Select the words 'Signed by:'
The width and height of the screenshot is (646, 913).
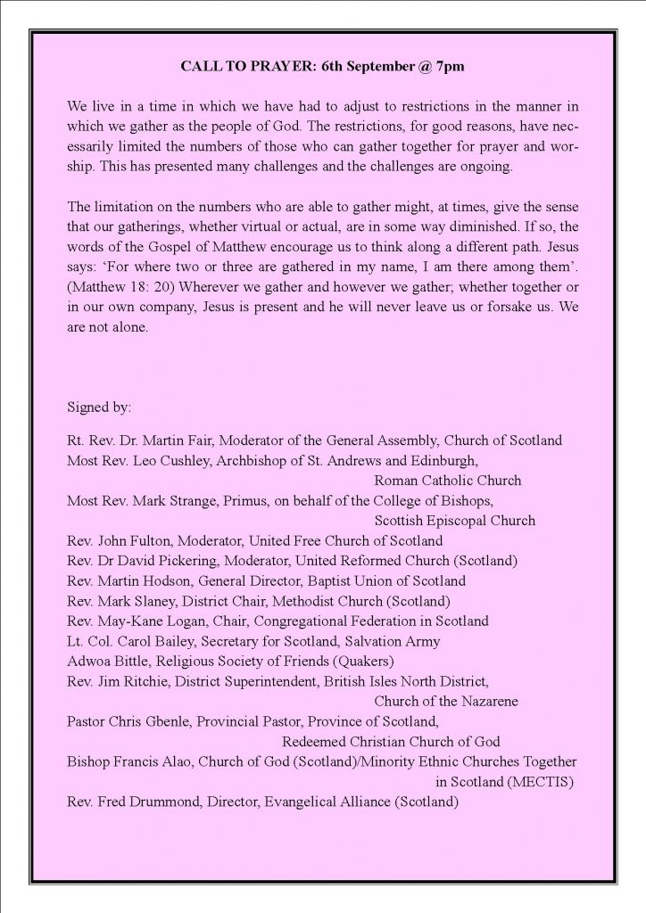click(99, 407)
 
